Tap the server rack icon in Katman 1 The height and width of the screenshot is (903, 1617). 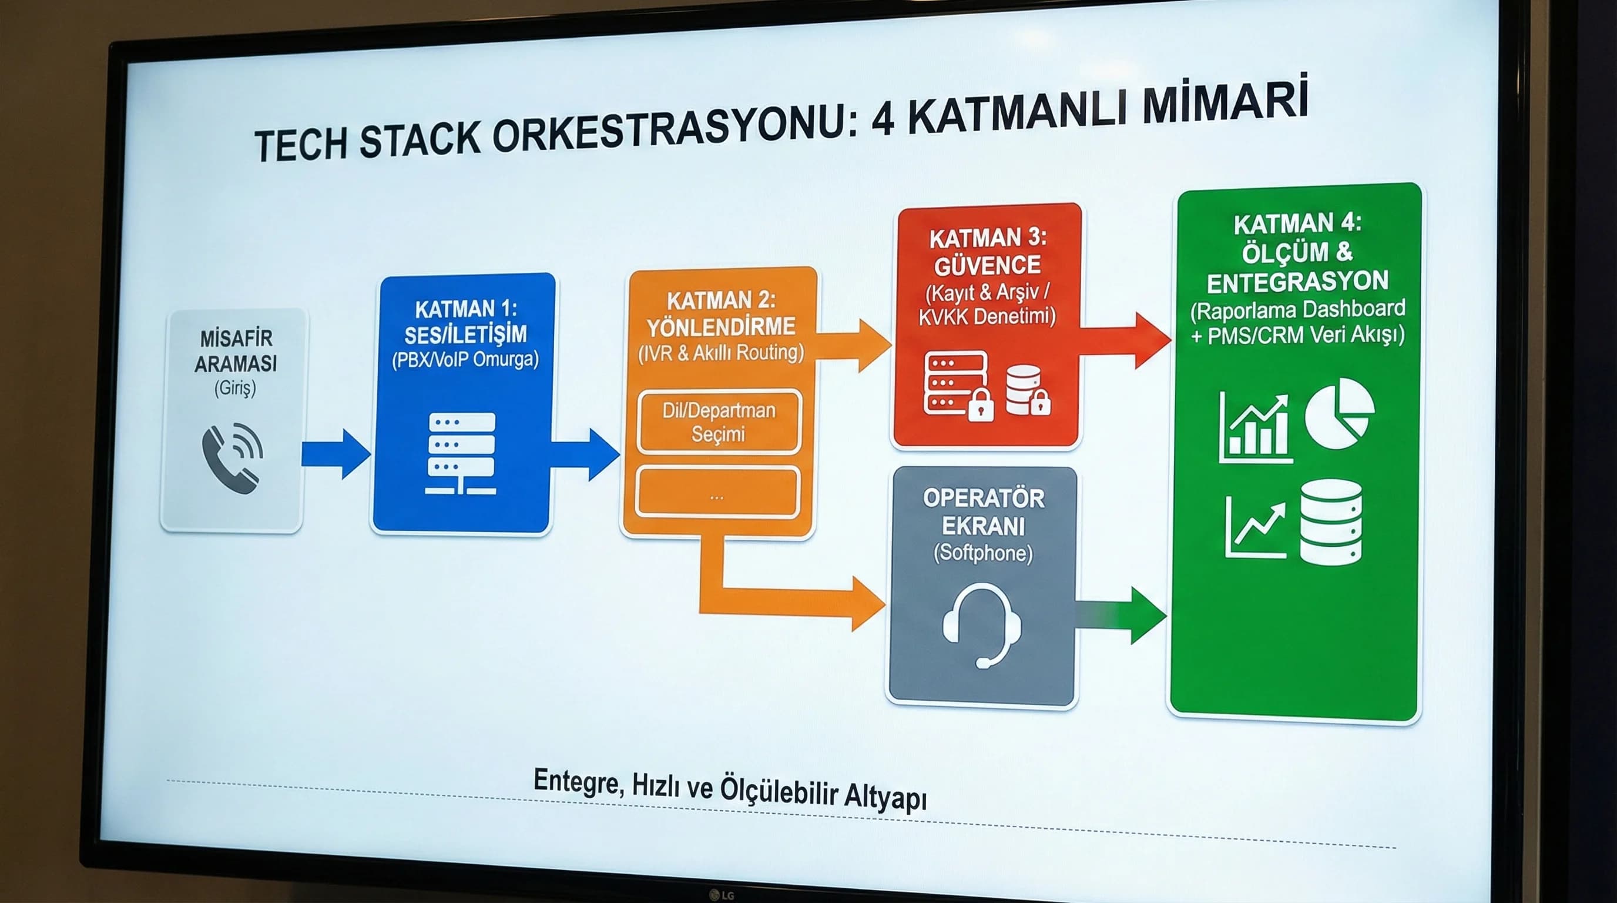[461, 453]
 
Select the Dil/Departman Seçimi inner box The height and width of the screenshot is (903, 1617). [719, 422]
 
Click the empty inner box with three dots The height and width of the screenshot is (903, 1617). [717, 493]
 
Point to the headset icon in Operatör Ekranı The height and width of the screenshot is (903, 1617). [981, 625]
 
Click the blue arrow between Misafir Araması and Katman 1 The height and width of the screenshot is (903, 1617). [336, 454]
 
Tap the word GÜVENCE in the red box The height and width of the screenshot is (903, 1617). [987, 266]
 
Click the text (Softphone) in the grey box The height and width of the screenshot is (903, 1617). [982, 553]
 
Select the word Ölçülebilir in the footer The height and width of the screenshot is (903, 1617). [779, 791]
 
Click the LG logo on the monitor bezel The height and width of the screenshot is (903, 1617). [722, 895]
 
